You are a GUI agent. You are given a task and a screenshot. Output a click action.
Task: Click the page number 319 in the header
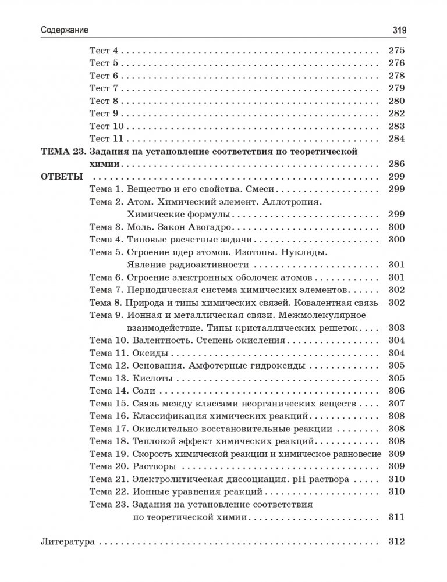click(x=395, y=30)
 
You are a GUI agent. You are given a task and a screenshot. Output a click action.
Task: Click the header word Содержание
click(x=69, y=30)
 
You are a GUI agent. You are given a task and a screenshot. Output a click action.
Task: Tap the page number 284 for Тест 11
click(x=395, y=138)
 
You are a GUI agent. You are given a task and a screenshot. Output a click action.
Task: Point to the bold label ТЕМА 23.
click(x=63, y=151)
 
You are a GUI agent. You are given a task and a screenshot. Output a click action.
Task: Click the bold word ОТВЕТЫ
click(x=62, y=176)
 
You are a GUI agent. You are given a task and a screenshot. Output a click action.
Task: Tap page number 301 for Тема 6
click(x=395, y=277)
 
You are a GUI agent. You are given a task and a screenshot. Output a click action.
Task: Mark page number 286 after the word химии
click(x=395, y=164)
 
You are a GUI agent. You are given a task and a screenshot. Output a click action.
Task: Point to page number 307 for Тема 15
click(x=395, y=404)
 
